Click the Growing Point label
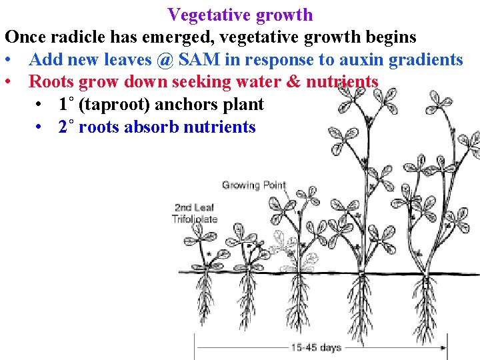click(x=254, y=185)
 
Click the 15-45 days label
click(x=316, y=347)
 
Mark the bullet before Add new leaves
click(x=9, y=59)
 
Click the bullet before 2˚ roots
click(x=41, y=127)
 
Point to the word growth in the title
click(x=286, y=14)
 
